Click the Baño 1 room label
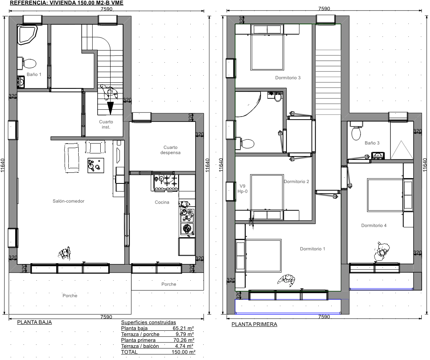pos(34,74)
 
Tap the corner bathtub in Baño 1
pos(27,34)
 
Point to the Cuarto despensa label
pos(170,150)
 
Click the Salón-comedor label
pos(68,201)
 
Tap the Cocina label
pos(162,202)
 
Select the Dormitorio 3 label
pos(288,77)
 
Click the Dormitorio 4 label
pos(374,225)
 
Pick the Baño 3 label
pos(372,143)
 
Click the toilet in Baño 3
pos(356,131)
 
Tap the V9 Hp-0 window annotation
pos(242,189)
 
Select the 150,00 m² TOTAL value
pos(183,352)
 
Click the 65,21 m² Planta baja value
pos(183,328)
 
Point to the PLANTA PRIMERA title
pos(254,324)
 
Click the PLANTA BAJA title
pos(35,322)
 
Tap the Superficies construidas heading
pos(149,322)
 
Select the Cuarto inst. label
pos(106,124)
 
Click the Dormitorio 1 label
pos(312,249)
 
